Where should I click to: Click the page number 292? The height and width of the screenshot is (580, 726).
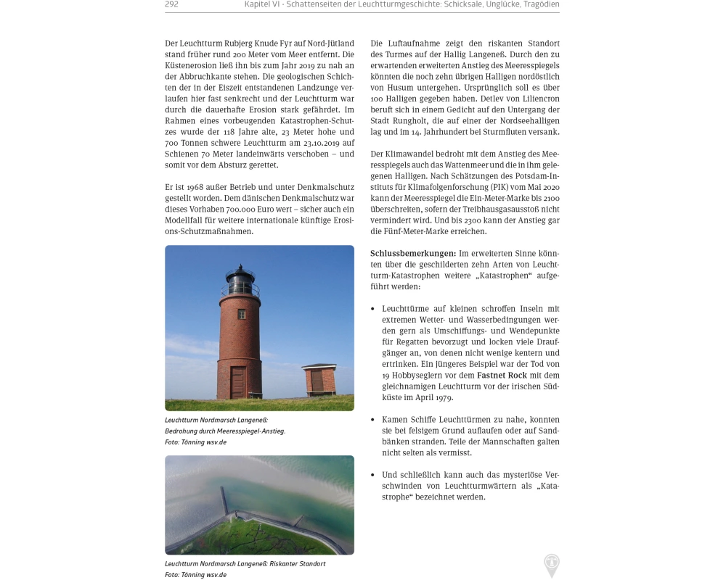pos(172,4)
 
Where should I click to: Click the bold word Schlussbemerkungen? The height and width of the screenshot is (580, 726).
pos(413,253)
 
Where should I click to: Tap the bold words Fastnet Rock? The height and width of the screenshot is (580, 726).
pos(502,375)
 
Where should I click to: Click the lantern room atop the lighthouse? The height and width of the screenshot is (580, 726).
pos(240,281)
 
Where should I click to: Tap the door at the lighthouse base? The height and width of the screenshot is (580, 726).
pos(238,382)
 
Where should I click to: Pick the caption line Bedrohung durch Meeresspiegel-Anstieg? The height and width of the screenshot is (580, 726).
pos(225,431)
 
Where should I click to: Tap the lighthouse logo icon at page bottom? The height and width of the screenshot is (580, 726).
pos(552,565)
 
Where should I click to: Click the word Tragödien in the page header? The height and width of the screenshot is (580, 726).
pos(541,4)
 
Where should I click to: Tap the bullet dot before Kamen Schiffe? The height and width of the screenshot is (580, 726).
pos(372,420)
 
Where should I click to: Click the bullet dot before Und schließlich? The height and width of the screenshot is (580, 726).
pos(372,475)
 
